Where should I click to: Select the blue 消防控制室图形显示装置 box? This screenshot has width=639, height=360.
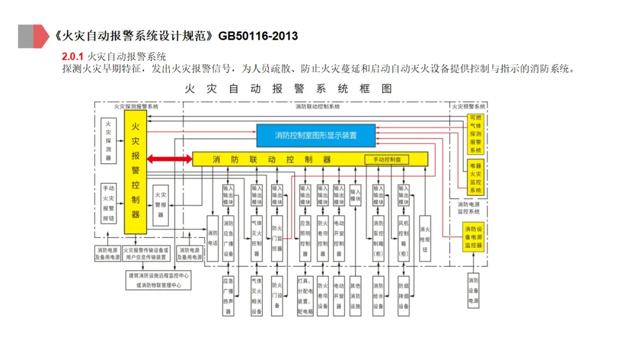(315, 135)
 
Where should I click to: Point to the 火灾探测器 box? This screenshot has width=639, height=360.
(108, 137)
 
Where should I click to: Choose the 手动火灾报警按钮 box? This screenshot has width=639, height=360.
(108, 202)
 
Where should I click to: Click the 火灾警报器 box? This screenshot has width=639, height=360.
(160, 204)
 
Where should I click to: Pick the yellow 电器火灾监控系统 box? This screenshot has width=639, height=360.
(475, 176)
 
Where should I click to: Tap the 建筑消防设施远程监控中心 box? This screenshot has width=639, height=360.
(159, 280)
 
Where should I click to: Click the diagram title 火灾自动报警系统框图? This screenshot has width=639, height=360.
(288, 89)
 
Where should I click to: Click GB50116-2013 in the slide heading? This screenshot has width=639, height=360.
(257, 36)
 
